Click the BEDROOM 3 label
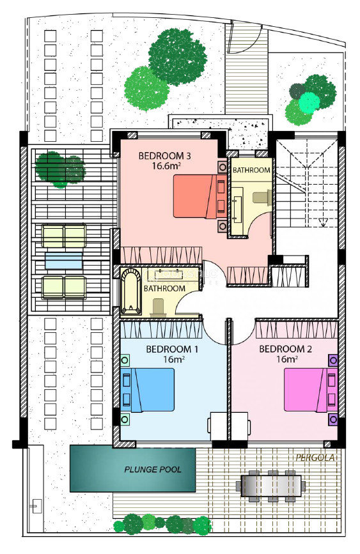(165, 155)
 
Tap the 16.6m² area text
(166, 165)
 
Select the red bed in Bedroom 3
(200, 196)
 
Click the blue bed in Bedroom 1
(148, 390)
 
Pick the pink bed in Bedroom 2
(311, 390)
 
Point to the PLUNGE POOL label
(153, 470)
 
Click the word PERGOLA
(315, 458)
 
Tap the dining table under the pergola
(271, 486)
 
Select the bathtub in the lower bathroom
(131, 292)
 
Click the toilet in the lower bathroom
(158, 308)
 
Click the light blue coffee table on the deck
(64, 261)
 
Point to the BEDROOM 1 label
(172, 350)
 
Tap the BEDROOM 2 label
(285, 350)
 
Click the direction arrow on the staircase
(322, 222)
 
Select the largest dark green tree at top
(177, 56)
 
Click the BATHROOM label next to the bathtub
(164, 288)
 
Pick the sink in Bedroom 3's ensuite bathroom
(237, 205)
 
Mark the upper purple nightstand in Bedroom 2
(333, 361)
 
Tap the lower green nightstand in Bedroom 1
(125, 419)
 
